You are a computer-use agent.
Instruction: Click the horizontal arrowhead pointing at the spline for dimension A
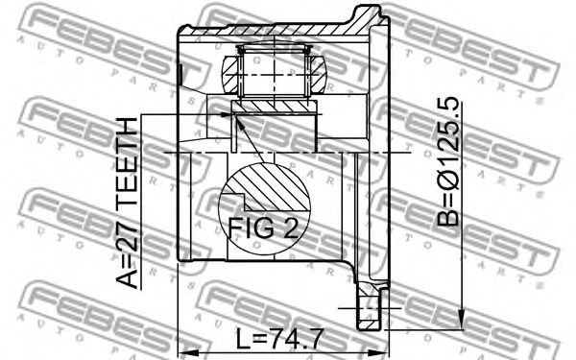tap(228, 114)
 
